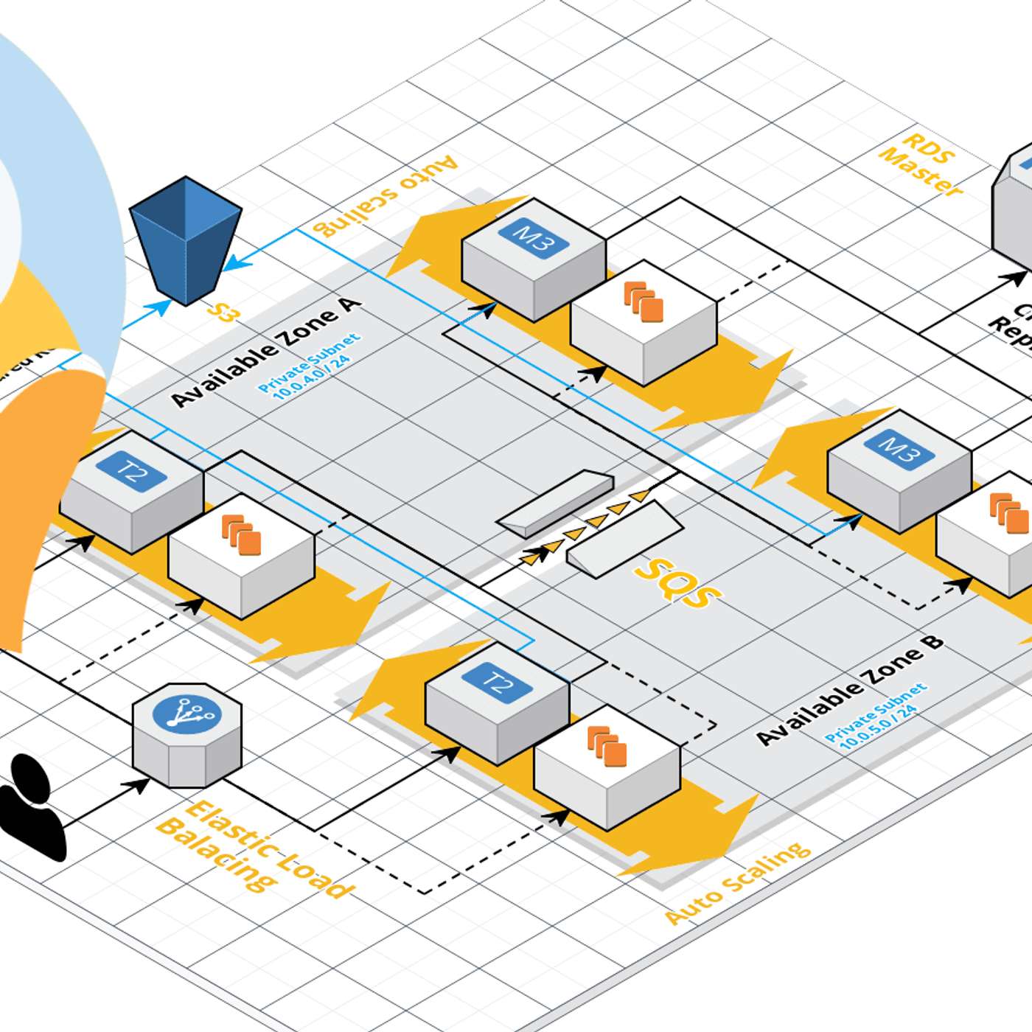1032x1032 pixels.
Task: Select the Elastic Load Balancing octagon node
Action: (x=187, y=734)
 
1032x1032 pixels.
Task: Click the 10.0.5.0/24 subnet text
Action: (x=878, y=725)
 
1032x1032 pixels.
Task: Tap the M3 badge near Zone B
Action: (x=899, y=448)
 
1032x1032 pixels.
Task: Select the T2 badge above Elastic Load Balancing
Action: (x=498, y=683)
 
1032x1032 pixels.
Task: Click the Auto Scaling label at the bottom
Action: (x=738, y=882)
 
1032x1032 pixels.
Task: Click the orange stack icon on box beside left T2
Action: (x=242, y=535)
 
